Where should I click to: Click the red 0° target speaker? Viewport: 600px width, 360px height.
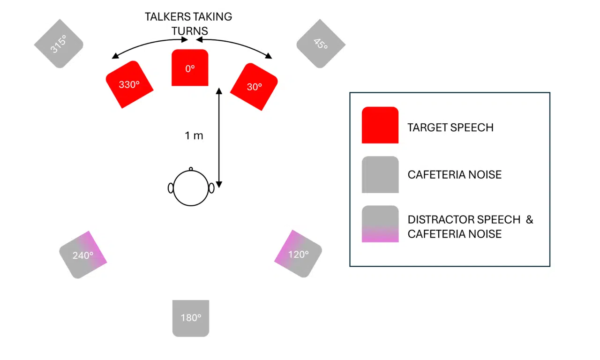pos(190,67)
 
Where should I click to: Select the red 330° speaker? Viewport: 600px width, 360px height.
pos(129,84)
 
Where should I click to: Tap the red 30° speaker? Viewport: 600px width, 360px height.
pos(255,87)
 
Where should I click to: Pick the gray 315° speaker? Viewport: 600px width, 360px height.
pos(59,44)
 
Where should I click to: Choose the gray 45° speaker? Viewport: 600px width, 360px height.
pos(321,44)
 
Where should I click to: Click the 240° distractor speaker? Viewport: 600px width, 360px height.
pos(83,255)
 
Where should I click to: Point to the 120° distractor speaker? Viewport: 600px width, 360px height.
pos(298,254)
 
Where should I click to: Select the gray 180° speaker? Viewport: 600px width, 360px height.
pos(190,318)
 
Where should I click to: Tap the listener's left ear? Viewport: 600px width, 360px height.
pos(171,188)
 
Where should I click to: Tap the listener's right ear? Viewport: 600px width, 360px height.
pos(211,188)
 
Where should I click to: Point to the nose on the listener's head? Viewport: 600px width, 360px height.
pos(191,168)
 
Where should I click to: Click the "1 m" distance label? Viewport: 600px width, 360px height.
pos(194,136)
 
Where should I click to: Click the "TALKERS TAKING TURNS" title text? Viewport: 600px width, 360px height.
pos(188,23)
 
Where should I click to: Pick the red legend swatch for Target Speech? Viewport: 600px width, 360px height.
pos(380,125)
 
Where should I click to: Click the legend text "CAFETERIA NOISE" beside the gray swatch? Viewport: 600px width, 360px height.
pos(454,175)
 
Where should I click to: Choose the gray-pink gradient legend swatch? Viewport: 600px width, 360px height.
pos(380,224)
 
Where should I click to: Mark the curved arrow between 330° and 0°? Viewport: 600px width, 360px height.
pos(148,45)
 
